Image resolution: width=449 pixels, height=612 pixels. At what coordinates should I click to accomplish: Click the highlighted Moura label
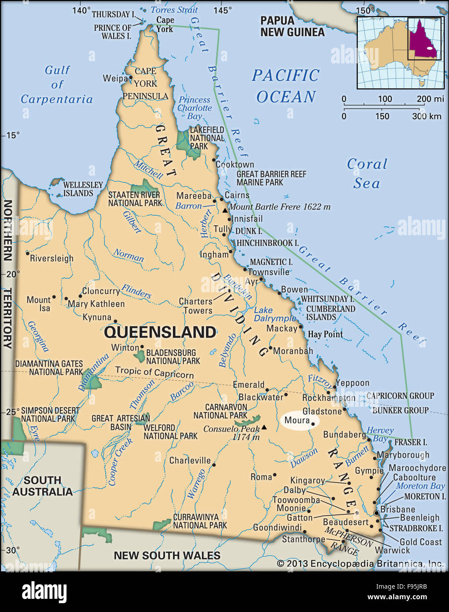pyautogui.click(x=297, y=420)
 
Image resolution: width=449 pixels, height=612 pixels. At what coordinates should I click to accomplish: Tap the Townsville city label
pyautogui.click(x=269, y=272)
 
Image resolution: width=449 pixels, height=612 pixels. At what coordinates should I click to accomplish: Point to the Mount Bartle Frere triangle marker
pyautogui.click(x=225, y=210)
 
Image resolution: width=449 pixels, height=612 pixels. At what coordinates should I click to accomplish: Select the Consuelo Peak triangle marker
pyautogui.click(x=264, y=427)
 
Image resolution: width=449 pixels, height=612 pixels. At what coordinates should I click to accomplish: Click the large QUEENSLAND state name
pyautogui.click(x=160, y=332)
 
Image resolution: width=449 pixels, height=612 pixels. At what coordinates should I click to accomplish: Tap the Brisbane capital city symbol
pyautogui.click(x=376, y=513)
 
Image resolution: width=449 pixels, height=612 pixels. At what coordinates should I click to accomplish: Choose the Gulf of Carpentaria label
pyautogui.click(x=57, y=85)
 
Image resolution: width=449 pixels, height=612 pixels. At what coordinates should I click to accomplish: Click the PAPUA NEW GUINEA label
pyautogui.click(x=292, y=26)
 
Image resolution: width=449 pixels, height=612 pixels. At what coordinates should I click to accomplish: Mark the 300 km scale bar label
pyautogui.click(x=427, y=116)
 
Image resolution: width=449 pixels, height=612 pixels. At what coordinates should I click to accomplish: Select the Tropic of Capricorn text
pyautogui.click(x=154, y=372)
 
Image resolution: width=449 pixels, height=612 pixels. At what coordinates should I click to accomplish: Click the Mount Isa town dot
pyautogui.click(x=55, y=297)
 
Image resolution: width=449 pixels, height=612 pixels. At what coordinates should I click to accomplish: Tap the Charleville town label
pyautogui.click(x=190, y=461)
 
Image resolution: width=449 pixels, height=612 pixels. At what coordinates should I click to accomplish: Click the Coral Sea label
pyautogui.click(x=367, y=173)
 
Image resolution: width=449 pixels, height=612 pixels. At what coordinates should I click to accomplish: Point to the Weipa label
pyautogui.click(x=115, y=78)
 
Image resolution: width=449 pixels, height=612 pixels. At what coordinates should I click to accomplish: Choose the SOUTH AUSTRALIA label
pyautogui.click(x=42, y=486)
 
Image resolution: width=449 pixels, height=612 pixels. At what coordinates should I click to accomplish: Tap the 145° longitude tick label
pyautogui.click(x=223, y=10)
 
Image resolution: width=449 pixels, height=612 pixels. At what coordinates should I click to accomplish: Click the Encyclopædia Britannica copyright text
pyautogui.click(x=360, y=564)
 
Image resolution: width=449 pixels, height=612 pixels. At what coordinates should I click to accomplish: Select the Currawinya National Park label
pyautogui.click(x=200, y=521)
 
